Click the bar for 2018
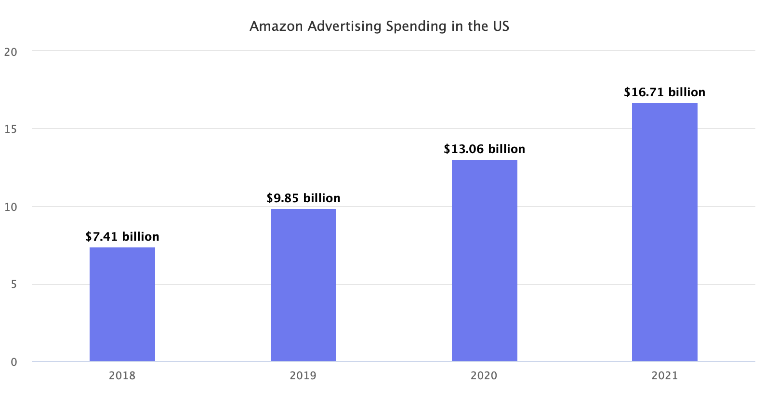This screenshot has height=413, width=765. pyautogui.click(x=122, y=304)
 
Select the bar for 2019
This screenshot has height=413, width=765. pyautogui.click(x=303, y=285)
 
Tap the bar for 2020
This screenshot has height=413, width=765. pyautogui.click(x=484, y=260)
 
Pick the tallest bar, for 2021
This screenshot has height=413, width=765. pyautogui.click(x=665, y=232)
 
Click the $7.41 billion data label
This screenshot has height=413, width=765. pyautogui.click(x=122, y=237)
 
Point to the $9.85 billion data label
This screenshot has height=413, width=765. pyautogui.click(x=303, y=198)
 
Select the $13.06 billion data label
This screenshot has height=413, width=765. pyautogui.click(x=484, y=149)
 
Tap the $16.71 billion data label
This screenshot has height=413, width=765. pyautogui.click(x=664, y=92)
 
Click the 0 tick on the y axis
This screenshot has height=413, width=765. pyautogui.click(x=13, y=362)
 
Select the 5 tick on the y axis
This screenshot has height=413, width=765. pyautogui.click(x=13, y=284)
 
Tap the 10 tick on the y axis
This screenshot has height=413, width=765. pyautogui.click(x=11, y=207)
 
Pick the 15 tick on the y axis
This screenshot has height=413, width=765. pyautogui.click(x=11, y=129)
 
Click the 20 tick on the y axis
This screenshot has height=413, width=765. pyautogui.click(x=11, y=52)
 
